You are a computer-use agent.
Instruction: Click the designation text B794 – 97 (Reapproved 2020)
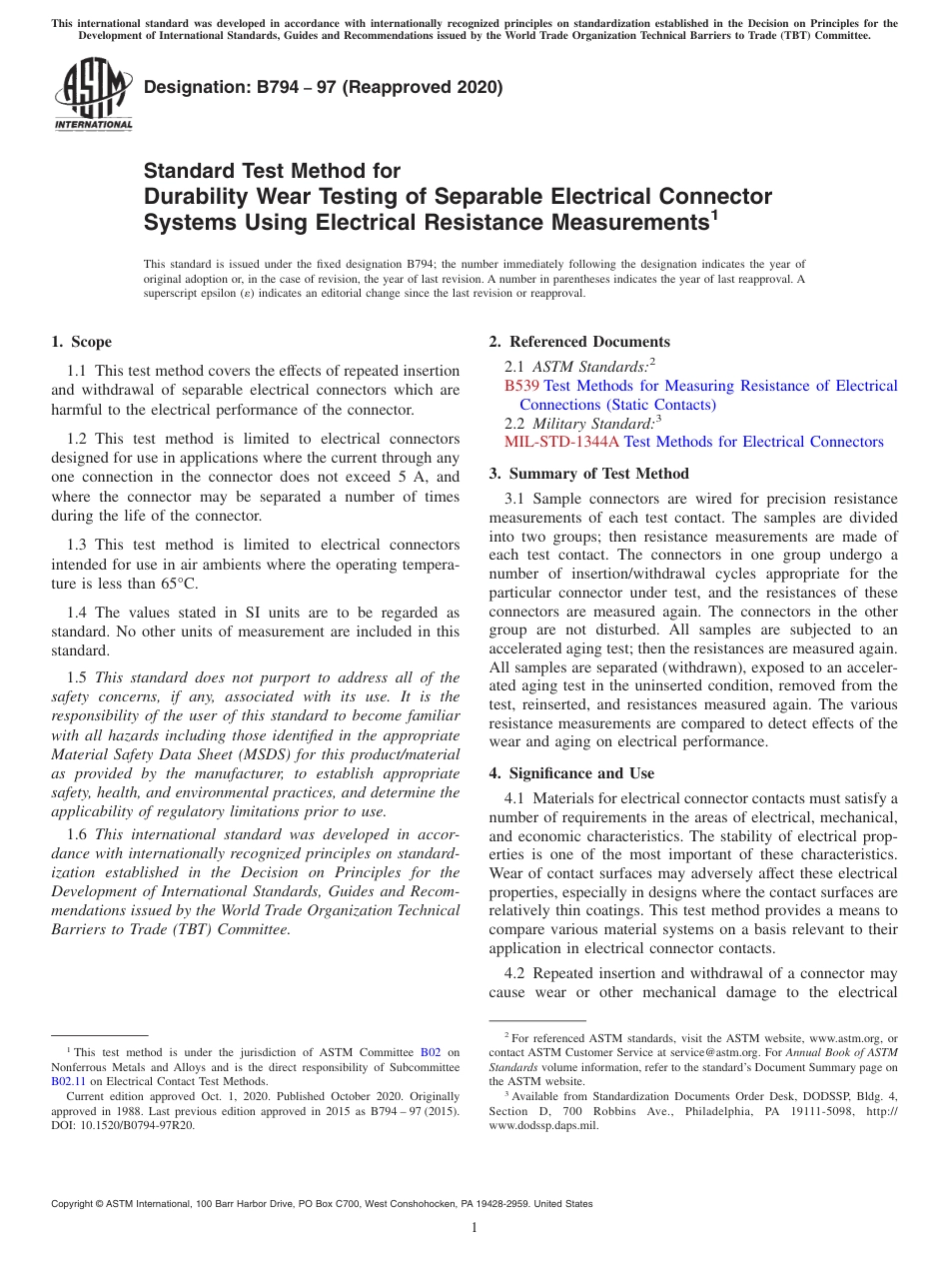click(x=323, y=88)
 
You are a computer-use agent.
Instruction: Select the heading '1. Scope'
click(x=81, y=342)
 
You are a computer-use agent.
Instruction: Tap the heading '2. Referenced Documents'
click(x=579, y=342)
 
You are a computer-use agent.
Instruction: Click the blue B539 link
click(x=521, y=386)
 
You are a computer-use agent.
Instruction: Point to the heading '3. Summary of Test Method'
click(x=588, y=474)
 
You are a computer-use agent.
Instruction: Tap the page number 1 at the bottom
click(x=474, y=1228)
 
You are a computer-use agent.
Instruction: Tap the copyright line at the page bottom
click(x=321, y=1204)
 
